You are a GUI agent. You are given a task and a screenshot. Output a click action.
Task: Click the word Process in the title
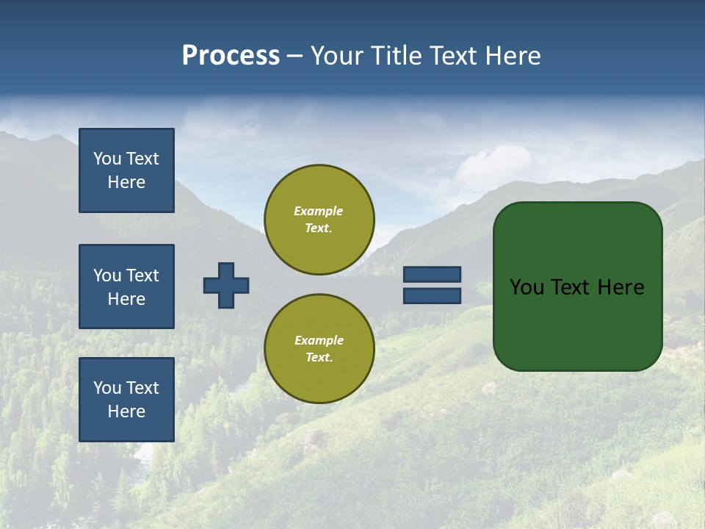click(231, 56)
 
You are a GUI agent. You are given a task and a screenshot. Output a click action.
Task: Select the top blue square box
click(126, 170)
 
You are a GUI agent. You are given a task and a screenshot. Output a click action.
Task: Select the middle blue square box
click(126, 287)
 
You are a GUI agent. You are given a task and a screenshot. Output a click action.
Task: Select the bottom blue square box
click(126, 399)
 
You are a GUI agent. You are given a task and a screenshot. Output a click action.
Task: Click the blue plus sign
click(226, 285)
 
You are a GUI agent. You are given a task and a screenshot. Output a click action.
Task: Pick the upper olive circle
click(319, 220)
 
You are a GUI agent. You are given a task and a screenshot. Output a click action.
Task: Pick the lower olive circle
click(319, 348)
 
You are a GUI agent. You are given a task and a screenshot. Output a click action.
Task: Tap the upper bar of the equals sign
click(432, 274)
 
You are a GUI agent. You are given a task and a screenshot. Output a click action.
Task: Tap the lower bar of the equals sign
click(432, 296)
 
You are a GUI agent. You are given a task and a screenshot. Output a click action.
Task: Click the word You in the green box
click(527, 287)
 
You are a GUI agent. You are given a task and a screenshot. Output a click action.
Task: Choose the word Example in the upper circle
click(318, 211)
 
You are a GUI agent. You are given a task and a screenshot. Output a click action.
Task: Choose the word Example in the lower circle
click(319, 340)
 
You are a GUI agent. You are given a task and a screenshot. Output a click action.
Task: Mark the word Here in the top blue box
click(126, 182)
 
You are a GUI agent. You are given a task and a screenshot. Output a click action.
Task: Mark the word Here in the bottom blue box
click(126, 411)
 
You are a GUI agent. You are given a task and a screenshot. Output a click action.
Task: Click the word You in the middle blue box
click(107, 276)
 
